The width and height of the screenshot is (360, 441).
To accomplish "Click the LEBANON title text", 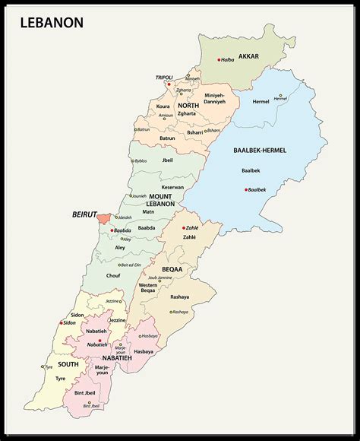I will (46, 23).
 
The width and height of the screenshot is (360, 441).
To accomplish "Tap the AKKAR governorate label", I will (248, 56).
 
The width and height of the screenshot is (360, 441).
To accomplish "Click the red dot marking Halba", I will (219, 60).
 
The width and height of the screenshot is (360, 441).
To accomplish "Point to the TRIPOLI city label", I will (164, 77).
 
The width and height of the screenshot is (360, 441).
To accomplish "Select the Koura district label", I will (163, 106).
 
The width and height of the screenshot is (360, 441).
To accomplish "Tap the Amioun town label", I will (166, 116).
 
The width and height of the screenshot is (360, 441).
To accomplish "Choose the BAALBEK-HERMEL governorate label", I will (261, 151).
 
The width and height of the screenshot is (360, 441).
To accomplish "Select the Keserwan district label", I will (172, 187).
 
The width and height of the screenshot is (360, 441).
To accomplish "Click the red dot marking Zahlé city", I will (183, 227).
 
